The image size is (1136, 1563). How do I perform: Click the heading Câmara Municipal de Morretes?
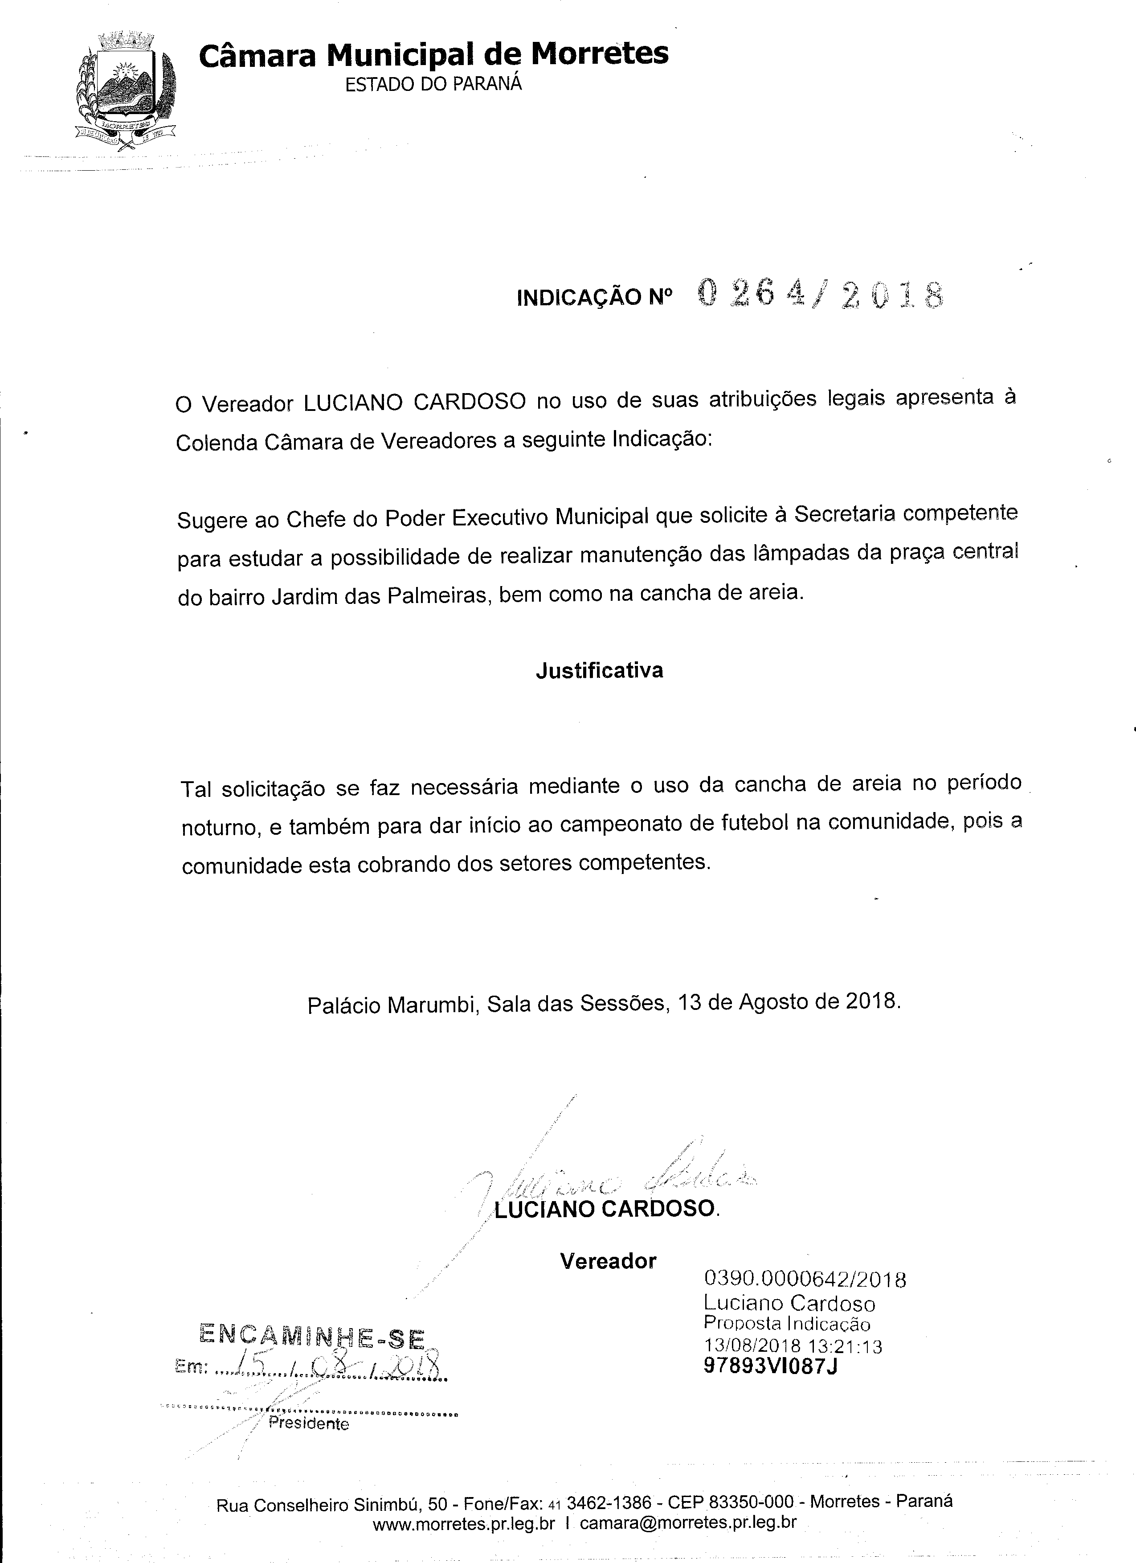point(433,54)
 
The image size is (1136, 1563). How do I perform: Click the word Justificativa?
point(599,671)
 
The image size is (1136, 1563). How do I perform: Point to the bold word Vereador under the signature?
point(608,1261)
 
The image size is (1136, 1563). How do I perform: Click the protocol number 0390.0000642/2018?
point(805,1280)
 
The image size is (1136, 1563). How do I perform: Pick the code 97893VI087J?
point(770,1366)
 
